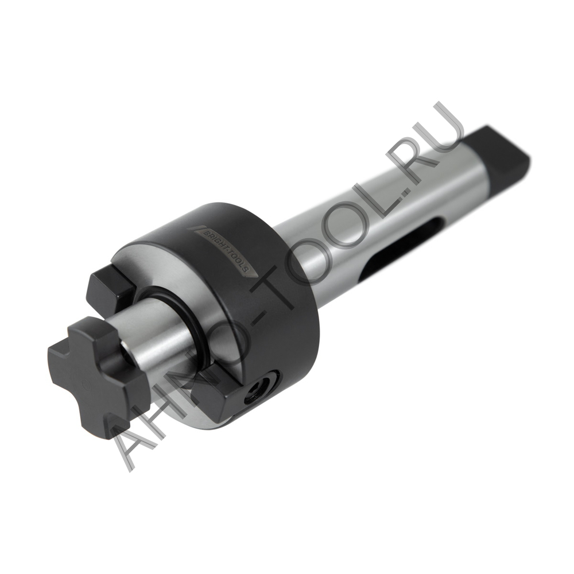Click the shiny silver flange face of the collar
(x=172, y=270)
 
